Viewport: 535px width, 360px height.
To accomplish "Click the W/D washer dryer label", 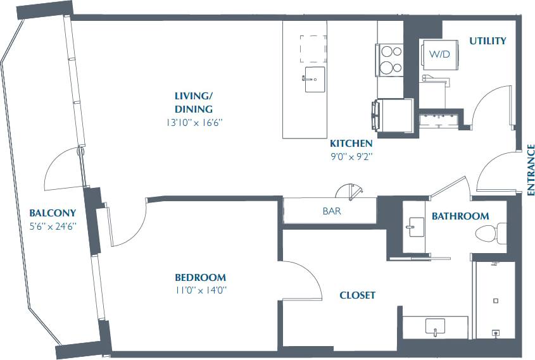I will click(x=439, y=54).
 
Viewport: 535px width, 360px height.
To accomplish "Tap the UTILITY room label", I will click(x=488, y=41).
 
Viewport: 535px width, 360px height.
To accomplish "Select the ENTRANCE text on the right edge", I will click(x=531, y=169).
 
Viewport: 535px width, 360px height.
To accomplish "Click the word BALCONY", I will click(x=53, y=213).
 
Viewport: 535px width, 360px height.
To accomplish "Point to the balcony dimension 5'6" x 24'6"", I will click(x=53, y=226).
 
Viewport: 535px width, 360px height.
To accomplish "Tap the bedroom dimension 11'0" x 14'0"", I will click(x=200, y=290).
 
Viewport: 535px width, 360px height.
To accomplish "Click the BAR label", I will click(x=331, y=211).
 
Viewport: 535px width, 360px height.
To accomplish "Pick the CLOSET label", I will click(x=357, y=295).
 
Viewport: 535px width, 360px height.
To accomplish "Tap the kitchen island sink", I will click(x=315, y=80).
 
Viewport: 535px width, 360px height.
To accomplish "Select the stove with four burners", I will click(x=390, y=59).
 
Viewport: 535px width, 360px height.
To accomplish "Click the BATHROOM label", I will click(x=460, y=216).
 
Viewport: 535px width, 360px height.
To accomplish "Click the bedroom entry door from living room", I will click(x=129, y=221).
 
